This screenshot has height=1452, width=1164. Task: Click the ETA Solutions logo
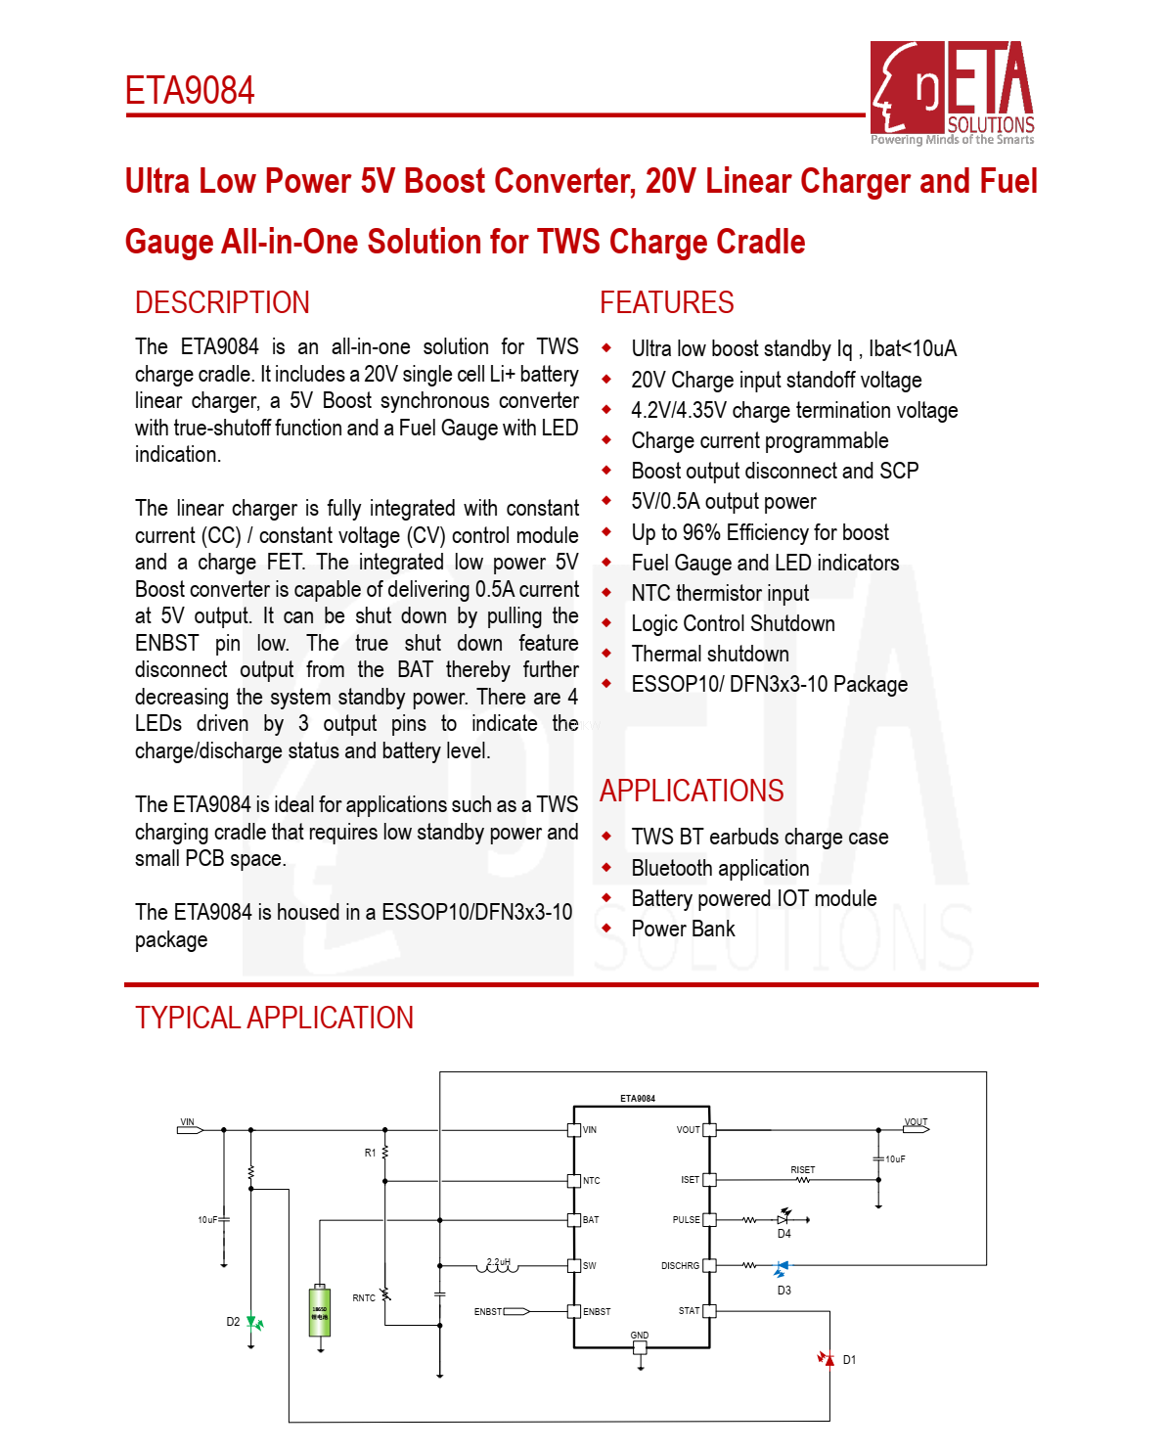[x=952, y=92]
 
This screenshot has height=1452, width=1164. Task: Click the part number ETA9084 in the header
[x=190, y=91]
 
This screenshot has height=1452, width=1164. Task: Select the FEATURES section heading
[x=666, y=303]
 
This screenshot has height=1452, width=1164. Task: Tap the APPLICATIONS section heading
[x=692, y=791]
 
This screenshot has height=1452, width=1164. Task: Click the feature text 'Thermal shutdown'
[x=710, y=654]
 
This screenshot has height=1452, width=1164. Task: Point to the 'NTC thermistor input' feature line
[x=720, y=593]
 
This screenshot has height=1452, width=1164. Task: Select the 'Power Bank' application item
[x=683, y=929]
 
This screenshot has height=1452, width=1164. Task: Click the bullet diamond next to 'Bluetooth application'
[x=606, y=868]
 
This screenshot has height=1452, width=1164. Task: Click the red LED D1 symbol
[x=828, y=1358]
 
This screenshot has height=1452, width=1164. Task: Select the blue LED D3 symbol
[x=781, y=1268]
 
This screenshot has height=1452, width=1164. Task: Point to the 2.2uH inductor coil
[x=498, y=1267]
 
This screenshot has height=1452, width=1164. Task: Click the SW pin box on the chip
[x=574, y=1265]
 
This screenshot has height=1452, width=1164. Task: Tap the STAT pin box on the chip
[x=709, y=1311]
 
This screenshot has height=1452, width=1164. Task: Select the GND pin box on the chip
[x=640, y=1347]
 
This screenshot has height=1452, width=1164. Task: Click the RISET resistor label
[x=802, y=1170]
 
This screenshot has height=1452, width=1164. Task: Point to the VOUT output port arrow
[x=917, y=1129]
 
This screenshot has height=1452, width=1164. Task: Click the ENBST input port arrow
[x=516, y=1311]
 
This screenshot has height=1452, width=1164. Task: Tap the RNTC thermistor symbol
[x=385, y=1294]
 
